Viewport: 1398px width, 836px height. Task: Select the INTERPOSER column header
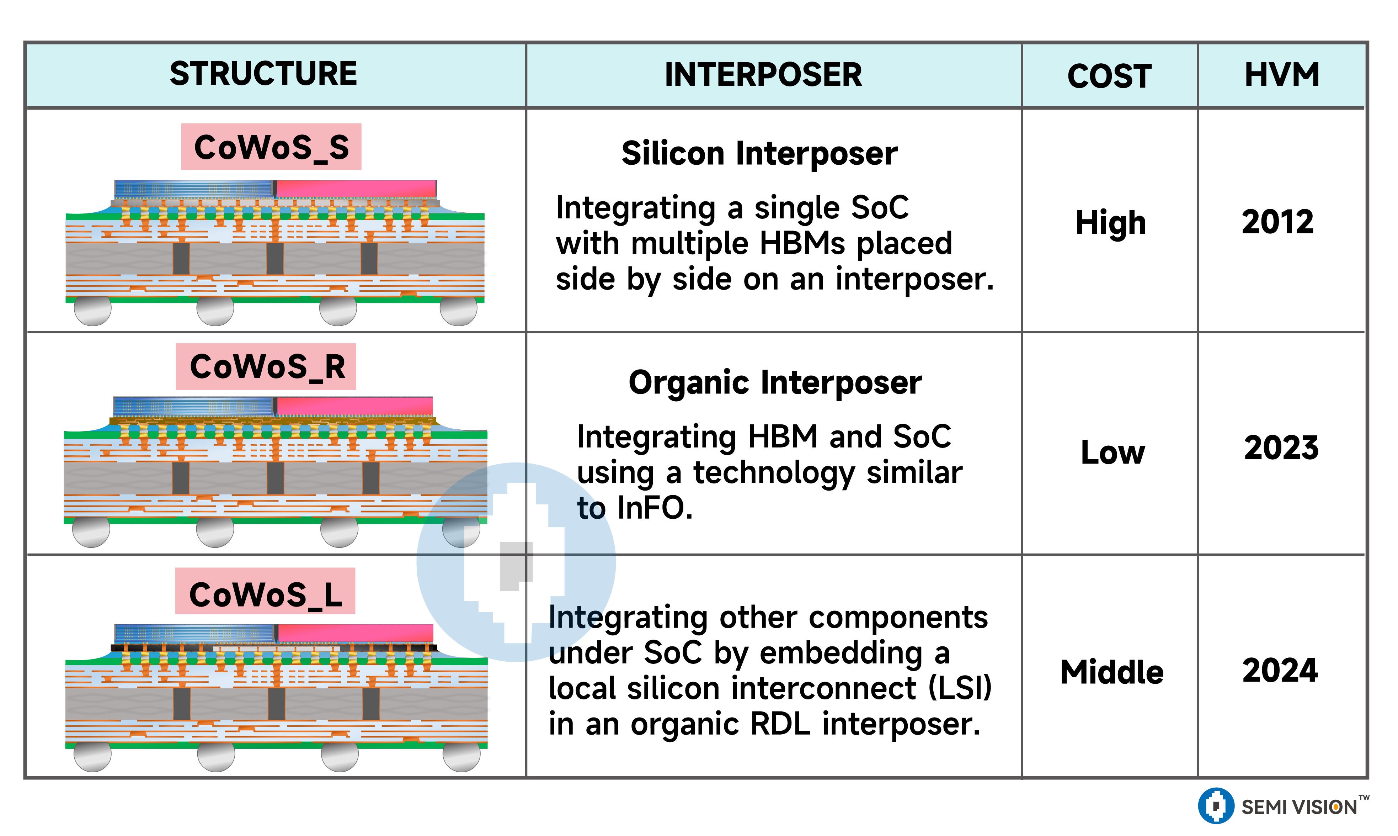coord(763,75)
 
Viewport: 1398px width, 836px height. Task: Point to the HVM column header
coord(1281,75)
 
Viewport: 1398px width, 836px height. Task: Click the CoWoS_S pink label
coord(271,147)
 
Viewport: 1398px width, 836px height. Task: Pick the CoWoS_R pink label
coord(266,367)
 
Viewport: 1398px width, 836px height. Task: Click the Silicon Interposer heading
coord(759,154)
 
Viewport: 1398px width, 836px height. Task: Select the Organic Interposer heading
coord(775,383)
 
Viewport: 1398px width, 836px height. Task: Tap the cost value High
coord(1110,223)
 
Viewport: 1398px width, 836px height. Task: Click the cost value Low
coord(1112,453)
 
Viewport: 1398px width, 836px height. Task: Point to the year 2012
coord(1277,222)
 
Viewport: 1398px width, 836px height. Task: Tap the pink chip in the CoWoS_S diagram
coord(356,189)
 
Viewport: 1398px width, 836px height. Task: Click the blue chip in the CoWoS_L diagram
coord(194,632)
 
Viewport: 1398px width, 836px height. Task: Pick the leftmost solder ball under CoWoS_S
coord(92,311)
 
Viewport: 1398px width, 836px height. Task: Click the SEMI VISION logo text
coord(1299,807)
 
